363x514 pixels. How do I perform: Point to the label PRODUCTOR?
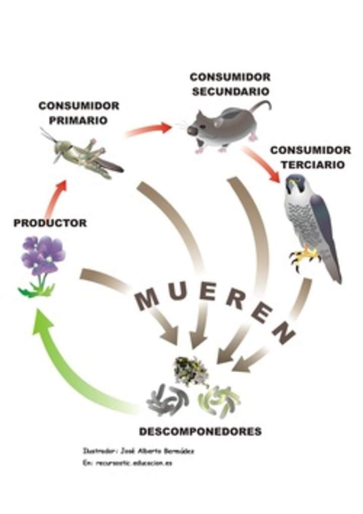coord(50,223)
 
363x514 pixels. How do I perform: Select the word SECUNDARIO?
coord(230,92)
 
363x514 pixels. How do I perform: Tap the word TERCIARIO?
coord(313,165)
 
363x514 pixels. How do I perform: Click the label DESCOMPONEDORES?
coord(200,431)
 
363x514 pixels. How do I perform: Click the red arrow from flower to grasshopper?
coord(56,198)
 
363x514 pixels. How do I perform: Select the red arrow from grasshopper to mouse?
coord(148,130)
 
